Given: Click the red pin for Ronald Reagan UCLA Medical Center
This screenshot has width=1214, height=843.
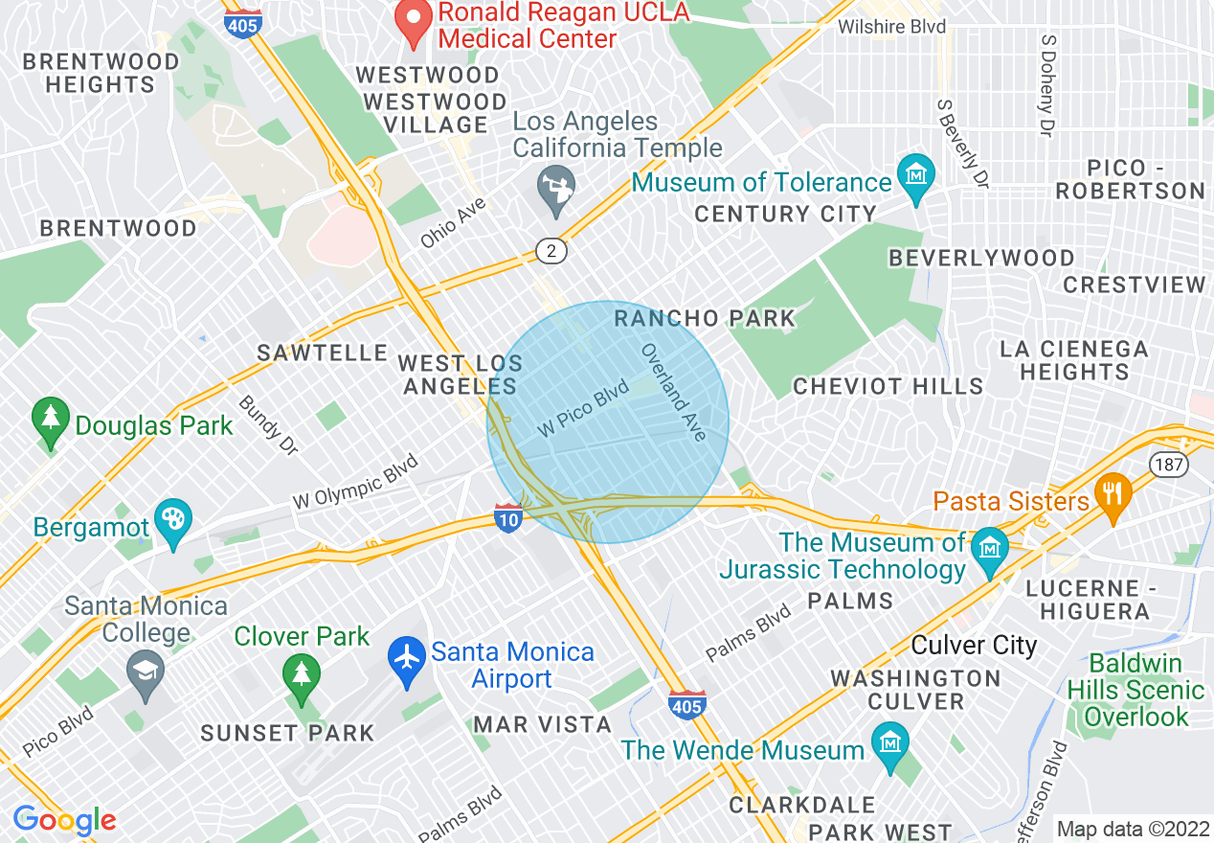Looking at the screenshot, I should click(414, 22).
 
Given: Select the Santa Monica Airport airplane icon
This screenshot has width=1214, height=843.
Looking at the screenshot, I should click(407, 662).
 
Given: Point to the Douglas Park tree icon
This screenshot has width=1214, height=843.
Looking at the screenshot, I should click(50, 421).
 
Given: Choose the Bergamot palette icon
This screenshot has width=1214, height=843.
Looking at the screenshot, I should click(173, 523).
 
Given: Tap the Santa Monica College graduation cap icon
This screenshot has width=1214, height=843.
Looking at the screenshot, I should click(145, 671).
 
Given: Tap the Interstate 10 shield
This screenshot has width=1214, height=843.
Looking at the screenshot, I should click(508, 517).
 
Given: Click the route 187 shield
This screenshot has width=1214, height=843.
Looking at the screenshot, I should click(1170, 465).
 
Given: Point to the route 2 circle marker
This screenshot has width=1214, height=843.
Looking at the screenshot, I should click(551, 252).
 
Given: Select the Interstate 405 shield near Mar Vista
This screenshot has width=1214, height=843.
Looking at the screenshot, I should click(687, 704).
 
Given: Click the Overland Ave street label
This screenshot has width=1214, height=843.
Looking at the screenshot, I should click(674, 393).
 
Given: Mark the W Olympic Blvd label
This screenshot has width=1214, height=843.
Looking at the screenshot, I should click(355, 480).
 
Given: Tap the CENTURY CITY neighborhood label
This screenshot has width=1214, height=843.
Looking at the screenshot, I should click(785, 214).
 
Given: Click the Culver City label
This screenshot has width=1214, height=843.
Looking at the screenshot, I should click(974, 645).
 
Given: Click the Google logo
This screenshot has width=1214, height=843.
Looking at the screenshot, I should click(64, 821).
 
